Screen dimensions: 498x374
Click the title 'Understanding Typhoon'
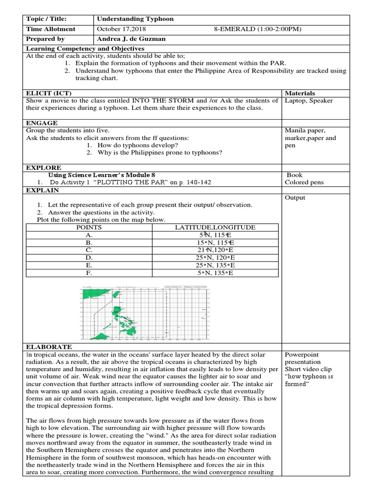[135, 19]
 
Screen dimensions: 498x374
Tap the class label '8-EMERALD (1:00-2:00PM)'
[258, 29]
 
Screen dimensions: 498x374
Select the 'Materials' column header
[299, 93]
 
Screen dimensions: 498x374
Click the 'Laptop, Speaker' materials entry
[309, 101]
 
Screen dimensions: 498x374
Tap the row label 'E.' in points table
[89, 265]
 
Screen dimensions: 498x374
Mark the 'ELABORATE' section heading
[49, 347]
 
